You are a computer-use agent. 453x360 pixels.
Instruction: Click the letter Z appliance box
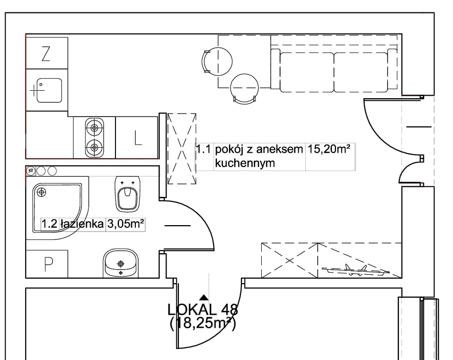click(47, 53)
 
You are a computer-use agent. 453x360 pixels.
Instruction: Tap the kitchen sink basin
click(50, 90)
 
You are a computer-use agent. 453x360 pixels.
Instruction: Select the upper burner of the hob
click(94, 127)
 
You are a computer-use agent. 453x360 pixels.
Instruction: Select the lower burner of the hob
click(94, 147)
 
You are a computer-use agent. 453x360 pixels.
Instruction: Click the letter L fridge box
click(137, 138)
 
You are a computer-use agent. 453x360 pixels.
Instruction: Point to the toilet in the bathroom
click(127, 194)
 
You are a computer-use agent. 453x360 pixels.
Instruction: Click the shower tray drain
click(42, 192)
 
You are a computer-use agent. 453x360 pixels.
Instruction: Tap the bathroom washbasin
click(120, 263)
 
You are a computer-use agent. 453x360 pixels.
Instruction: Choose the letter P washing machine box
click(47, 264)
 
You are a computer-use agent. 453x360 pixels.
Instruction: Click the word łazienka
click(82, 224)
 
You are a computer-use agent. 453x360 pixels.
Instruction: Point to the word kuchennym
click(245, 163)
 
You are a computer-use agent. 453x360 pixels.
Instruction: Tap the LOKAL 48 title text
click(203, 310)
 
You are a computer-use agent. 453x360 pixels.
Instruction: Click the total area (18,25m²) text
click(203, 323)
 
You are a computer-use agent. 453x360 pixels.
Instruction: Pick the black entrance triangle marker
click(204, 297)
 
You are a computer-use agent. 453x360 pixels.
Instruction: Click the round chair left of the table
click(217, 61)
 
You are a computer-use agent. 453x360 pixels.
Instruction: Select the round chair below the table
click(244, 88)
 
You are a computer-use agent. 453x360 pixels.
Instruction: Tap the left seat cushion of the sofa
click(307, 72)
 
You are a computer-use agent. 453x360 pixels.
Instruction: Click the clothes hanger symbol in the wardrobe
click(356, 270)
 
